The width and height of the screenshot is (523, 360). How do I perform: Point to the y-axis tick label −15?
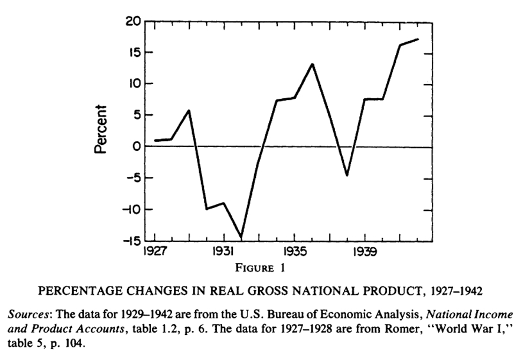tap(130, 241)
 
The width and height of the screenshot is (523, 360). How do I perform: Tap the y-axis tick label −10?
tap(130, 210)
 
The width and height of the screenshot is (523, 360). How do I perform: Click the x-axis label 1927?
tap(155, 252)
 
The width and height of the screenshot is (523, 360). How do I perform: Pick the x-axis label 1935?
tap(294, 252)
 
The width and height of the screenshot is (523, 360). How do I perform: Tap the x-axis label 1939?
tap(365, 252)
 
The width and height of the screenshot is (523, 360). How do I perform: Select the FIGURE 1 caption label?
tap(262, 267)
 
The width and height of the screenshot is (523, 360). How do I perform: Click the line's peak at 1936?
tap(312, 64)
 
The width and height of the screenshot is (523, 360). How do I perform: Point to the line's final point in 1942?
tap(417, 39)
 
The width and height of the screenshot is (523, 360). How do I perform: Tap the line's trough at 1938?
tap(347, 175)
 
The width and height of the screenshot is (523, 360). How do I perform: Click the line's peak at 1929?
tap(189, 111)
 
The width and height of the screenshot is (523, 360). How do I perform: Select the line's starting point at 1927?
tap(156, 141)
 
